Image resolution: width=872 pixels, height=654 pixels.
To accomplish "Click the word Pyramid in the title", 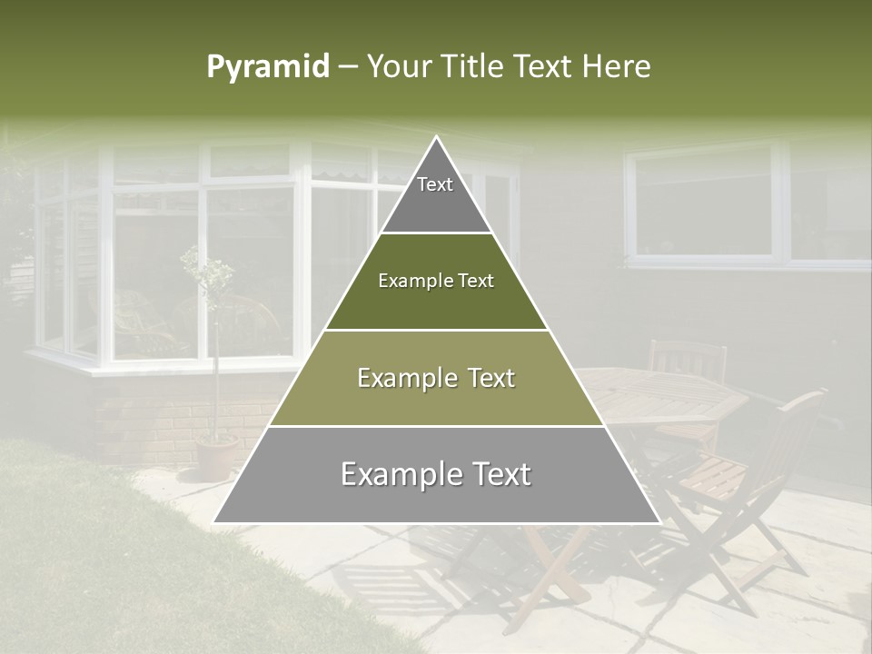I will [268, 67].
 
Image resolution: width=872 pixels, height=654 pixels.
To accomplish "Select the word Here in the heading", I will [617, 67].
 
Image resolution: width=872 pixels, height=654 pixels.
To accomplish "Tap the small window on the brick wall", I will [704, 202].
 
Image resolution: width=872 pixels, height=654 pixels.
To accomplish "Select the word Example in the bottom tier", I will [396, 474].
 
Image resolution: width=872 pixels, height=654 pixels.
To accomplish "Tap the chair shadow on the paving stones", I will [381, 581].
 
